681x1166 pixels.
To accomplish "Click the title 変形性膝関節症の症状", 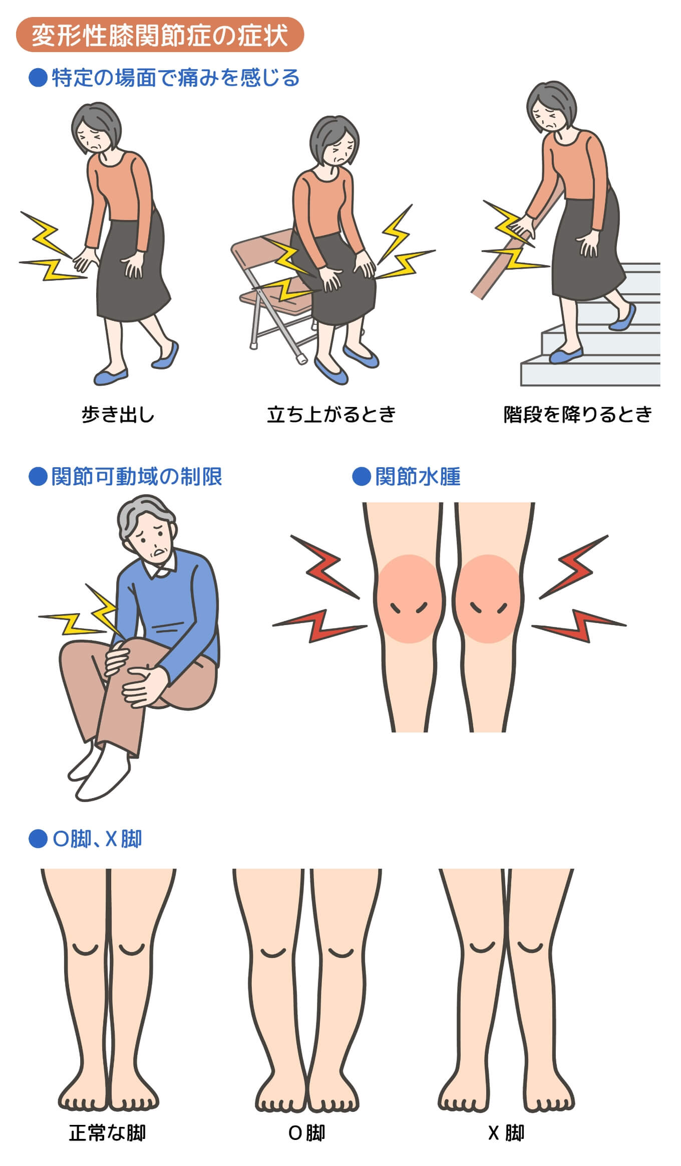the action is click(x=160, y=35).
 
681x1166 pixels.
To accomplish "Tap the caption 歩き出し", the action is click(x=118, y=415).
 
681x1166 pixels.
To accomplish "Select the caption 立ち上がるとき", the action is click(x=331, y=415).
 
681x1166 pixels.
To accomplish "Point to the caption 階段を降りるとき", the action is click(x=578, y=415).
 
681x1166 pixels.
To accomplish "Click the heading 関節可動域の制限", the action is click(x=137, y=477).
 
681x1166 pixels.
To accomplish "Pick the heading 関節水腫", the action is click(x=418, y=477).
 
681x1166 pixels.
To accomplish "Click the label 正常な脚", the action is click(x=107, y=1133).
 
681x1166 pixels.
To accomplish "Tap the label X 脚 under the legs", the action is click(x=506, y=1133).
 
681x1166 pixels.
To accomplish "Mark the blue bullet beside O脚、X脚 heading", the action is click(x=38, y=839).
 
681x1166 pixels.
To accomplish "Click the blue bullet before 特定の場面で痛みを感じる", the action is click(x=38, y=78).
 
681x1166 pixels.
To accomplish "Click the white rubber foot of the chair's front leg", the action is click(x=301, y=359).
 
